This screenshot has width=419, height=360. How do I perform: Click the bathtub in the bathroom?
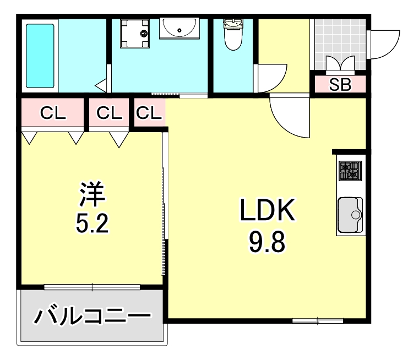pyautogui.click(x=40, y=56)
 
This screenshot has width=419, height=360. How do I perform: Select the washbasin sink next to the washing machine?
pyautogui.click(x=179, y=28)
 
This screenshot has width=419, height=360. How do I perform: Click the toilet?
pyautogui.click(x=232, y=34)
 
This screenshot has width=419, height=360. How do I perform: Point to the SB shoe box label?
pyautogui.click(x=340, y=85)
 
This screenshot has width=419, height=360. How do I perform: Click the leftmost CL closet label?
pyautogui.click(x=53, y=113)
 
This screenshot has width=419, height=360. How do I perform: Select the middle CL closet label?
pyautogui.click(x=109, y=113)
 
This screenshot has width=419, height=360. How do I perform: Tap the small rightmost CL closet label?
pyautogui.click(x=149, y=113)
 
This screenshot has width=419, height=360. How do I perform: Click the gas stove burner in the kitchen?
pyautogui.click(x=350, y=171)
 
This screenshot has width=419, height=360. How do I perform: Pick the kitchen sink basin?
pyautogui.click(x=349, y=215)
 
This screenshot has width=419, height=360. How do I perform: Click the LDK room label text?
pyautogui.click(x=267, y=211)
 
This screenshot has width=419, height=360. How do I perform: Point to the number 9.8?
pyautogui.click(x=267, y=242)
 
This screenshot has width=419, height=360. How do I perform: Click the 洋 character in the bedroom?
pyautogui.click(x=92, y=193)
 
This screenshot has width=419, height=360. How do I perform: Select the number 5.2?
pyautogui.click(x=92, y=223)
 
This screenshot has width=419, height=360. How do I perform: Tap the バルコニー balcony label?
pyautogui.click(x=92, y=317)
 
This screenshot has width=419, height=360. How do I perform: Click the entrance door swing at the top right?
pyautogui.click(x=385, y=41)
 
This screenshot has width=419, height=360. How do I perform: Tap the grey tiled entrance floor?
pyautogui.click(x=339, y=39)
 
